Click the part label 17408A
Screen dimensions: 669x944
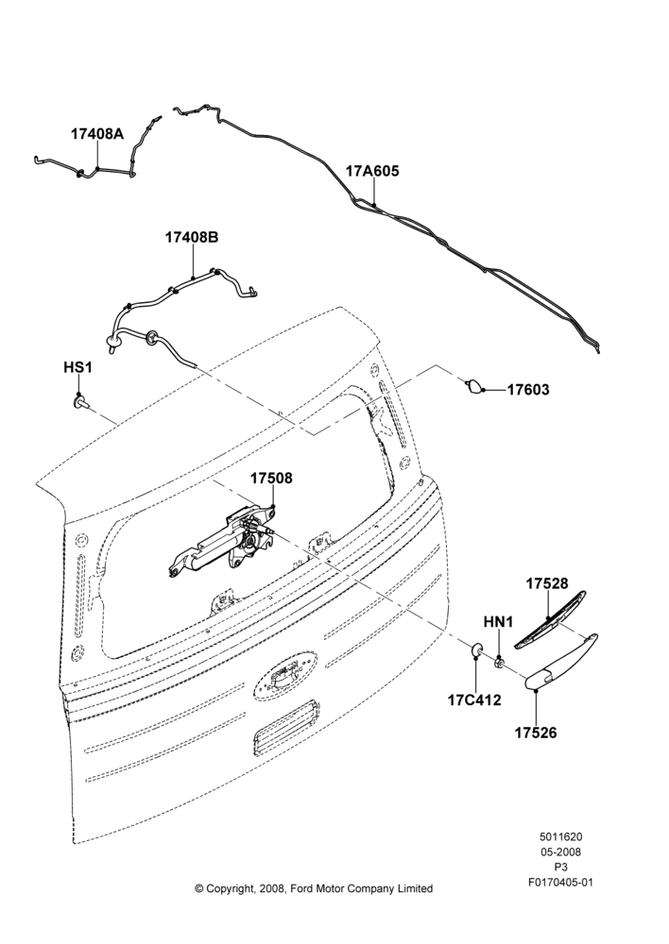coord(97,134)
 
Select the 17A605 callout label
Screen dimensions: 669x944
coord(372,171)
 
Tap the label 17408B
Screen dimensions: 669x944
coord(192,237)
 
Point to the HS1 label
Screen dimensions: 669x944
coord(77,366)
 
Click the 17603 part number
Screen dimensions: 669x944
coord(528,390)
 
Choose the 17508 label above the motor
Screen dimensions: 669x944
coord(271,478)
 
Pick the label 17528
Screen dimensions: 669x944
coord(547,583)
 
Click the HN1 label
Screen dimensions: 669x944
coord(498,622)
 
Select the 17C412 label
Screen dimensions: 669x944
coord(474,700)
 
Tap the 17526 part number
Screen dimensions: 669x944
coord(535,733)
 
